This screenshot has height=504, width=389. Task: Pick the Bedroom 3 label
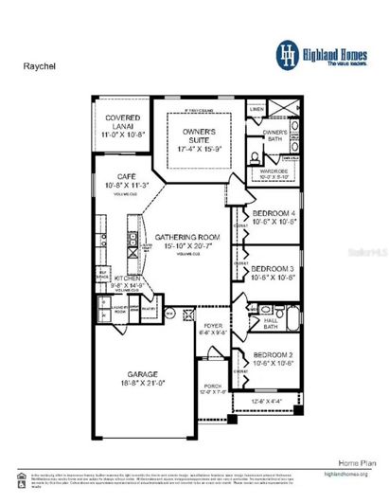tap(274, 268)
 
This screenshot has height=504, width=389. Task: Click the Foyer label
tap(212, 326)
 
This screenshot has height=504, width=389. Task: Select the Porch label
tap(214, 387)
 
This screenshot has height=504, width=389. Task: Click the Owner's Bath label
tap(275, 134)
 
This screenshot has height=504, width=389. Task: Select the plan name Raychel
tap(39, 68)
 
